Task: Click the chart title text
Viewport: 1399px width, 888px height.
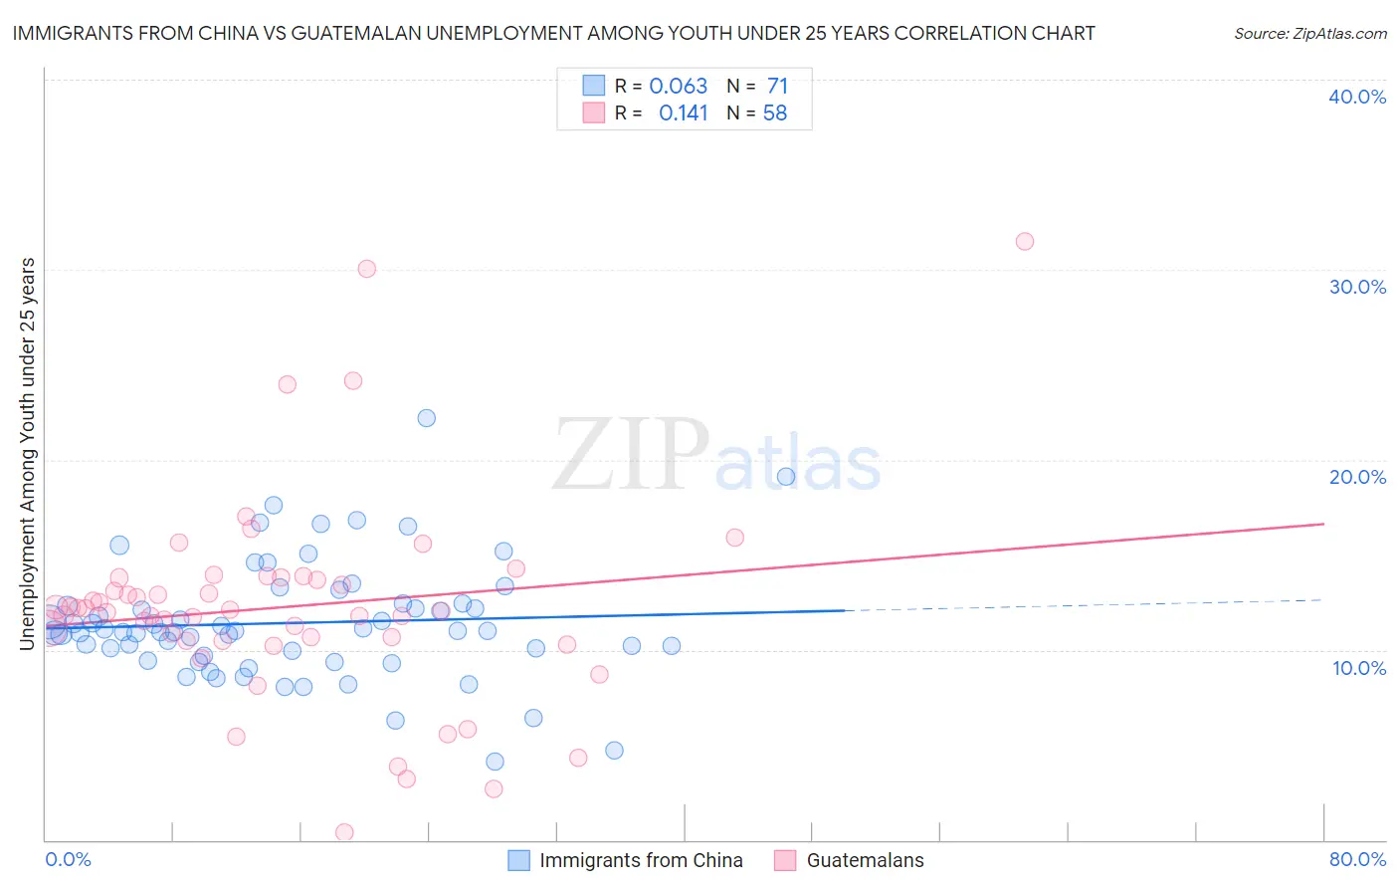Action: tap(553, 33)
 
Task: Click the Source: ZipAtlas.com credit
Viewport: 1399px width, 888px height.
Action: tap(1309, 33)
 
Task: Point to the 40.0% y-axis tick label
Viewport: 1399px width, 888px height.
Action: tap(1357, 97)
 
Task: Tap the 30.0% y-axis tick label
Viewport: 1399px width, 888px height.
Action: tap(1357, 287)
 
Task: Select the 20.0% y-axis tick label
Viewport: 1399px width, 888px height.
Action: tap(1357, 477)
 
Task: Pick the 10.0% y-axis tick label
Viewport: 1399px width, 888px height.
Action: tap(1359, 668)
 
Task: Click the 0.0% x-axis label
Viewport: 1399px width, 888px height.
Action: tap(68, 859)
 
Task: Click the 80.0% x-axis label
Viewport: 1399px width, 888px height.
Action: tap(1357, 859)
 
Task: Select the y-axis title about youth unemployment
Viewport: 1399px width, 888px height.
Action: tap(27, 454)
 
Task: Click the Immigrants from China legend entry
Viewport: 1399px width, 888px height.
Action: tap(640, 860)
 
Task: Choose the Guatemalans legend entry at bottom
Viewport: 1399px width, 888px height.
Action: tap(865, 860)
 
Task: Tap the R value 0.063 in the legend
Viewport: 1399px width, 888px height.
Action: tap(678, 87)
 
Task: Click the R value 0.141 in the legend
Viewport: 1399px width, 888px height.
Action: tap(683, 113)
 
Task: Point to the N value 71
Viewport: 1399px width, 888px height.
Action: tap(777, 87)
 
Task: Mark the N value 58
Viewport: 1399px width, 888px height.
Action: tap(775, 113)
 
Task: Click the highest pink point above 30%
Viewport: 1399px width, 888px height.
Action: tap(1025, 241)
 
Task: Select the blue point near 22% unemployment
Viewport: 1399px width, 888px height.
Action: tap(427, 418)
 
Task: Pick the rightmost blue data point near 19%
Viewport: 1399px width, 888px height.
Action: tap(786, 477)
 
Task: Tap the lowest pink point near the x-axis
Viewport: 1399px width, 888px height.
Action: tap(344, 832)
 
